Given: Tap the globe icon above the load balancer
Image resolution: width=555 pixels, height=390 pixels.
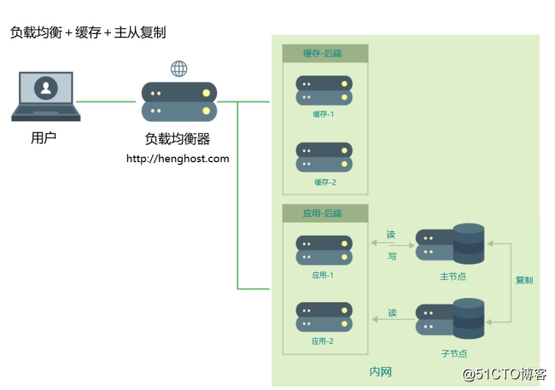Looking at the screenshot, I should [x=179, y=68].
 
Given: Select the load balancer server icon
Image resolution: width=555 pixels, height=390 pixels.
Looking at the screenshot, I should [x=179, y=102].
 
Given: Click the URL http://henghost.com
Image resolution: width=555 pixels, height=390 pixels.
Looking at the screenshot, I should [x=178, y=159].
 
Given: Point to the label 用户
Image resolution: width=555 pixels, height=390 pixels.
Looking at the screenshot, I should [x=44, y=137].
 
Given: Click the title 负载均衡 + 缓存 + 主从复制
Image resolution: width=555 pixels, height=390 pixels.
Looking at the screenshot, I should [x=88, y=32].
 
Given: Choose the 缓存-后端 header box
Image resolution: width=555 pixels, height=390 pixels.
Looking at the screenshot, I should [x=324, y=54].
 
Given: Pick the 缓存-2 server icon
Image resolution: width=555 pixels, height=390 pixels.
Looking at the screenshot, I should [x=324, y=158].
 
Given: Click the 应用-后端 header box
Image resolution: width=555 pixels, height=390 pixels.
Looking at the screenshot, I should [x=324, y=212].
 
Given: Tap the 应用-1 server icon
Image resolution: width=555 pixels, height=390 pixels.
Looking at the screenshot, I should [x=324, y=250].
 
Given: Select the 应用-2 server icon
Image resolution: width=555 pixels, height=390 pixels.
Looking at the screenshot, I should [x=324, y=317].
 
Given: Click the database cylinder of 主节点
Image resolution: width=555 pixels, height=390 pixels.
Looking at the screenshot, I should [x=469, y=245].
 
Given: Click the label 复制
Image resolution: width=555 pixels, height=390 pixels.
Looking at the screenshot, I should [x=524, y=280].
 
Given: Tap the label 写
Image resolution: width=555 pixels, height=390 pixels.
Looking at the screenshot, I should [x=392, y=256].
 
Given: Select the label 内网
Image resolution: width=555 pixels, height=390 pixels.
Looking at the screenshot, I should [x=380, y=372].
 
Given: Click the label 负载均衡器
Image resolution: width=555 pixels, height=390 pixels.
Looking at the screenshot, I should [x=178, y=139].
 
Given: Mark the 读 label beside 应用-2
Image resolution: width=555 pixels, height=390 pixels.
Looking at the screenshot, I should [x=392, y=313].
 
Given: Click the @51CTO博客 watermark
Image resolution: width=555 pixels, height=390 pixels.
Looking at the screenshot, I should [x=504, y=374].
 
